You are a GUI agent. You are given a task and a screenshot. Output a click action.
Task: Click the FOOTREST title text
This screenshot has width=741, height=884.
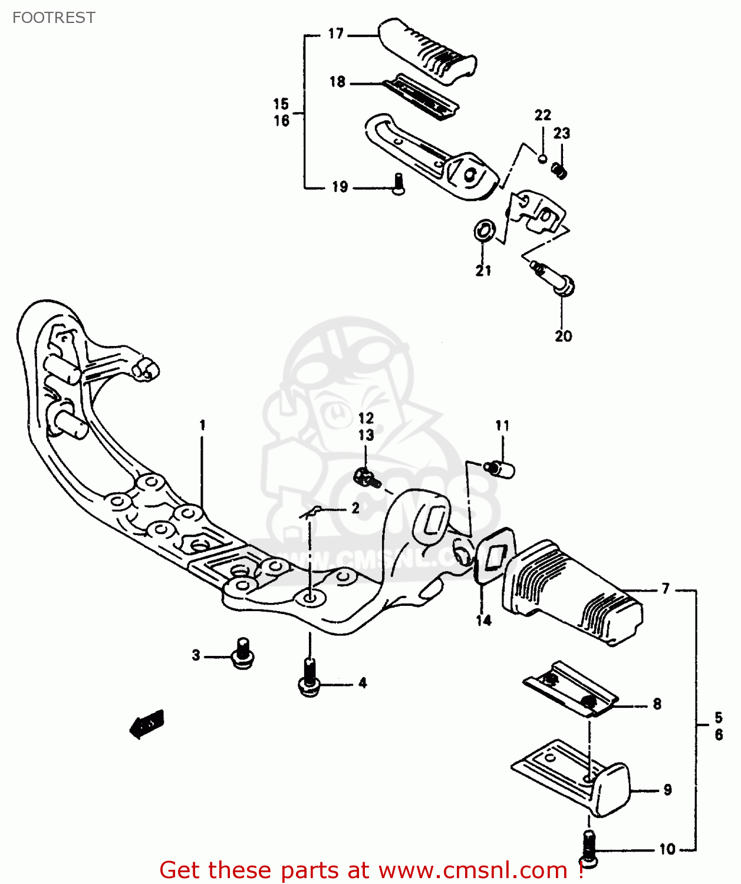[54, 18]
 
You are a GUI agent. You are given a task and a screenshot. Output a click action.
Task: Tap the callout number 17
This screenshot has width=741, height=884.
[336, 34]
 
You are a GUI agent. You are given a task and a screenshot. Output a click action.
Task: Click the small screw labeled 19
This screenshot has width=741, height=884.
[399, 184]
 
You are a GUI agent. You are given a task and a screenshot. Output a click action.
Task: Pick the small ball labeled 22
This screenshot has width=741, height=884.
[542, 158]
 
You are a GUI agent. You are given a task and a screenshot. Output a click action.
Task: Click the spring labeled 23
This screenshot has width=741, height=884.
[559, 171]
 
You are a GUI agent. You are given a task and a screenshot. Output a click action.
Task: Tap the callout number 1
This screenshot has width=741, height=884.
[202, 425]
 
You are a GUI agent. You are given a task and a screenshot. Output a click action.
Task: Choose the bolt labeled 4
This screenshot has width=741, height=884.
[309, 678]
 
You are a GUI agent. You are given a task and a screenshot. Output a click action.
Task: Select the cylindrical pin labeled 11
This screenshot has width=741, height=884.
[500, 469]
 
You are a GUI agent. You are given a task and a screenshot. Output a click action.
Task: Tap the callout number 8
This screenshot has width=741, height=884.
[657, 704]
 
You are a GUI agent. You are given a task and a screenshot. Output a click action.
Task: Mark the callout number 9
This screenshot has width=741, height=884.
[667, 790]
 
